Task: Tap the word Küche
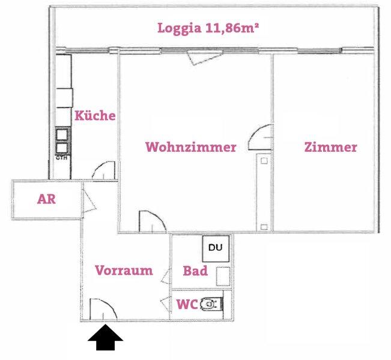[x=95, y=115]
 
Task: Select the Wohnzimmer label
[x=191, y=147]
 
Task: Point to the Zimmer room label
[x=331, y=147]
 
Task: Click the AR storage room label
[x=46, y=199]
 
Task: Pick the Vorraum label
[x=124, y=271]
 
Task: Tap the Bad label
[x=195, y=271]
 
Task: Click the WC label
[x=187, y=304]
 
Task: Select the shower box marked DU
[x=216, y=248]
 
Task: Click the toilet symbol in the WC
[x=211, y=304]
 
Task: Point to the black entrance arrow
[x=105, y=337]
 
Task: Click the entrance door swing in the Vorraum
[x=103, y=309]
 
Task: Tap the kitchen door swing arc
[x=104, y=170]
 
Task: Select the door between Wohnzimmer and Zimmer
[x=260, y=137]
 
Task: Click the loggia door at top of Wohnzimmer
[x=204, y=57]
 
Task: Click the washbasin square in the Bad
[x=223, y=276]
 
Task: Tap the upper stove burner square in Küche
[x=62, y=134]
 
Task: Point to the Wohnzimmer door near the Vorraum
[x=153, y=222]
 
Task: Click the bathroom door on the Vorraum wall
[x=166, y=277]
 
